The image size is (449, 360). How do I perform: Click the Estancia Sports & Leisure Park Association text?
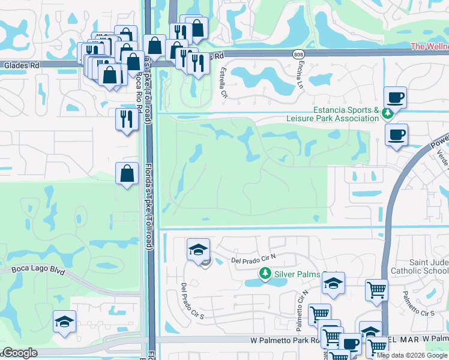coord(345,114)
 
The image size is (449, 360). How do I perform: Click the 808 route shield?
coord(299,54)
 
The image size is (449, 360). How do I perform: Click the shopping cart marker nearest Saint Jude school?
coord(376,290)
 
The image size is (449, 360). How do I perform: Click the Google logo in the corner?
coord(20,353)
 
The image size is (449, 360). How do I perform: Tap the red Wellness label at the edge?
coord(429,46)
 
